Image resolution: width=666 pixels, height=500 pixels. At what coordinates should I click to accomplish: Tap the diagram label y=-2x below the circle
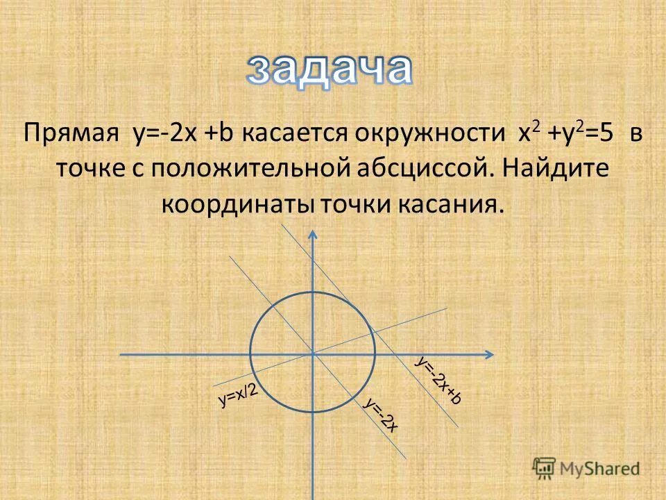click(381, 416)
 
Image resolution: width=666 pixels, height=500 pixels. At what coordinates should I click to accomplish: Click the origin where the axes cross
click(314, 354)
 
